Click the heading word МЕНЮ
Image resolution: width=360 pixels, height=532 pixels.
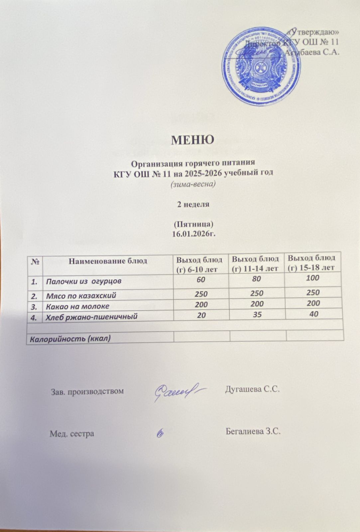(x=192, y=140)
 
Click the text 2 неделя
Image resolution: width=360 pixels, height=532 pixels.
(x=193, y=204)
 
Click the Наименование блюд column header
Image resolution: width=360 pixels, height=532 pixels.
(x=108, y=261)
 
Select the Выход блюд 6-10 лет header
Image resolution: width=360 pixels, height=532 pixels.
(x=199, y=264)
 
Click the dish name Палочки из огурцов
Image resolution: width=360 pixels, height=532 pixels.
(x=83, y=281)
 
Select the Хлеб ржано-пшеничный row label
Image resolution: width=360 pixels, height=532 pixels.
(x=91, y=317)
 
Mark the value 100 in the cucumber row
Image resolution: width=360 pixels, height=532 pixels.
(x=313, y=278)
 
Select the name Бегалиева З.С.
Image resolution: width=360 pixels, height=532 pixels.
(x=253, y=432)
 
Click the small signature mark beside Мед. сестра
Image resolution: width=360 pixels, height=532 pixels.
(x=161, y=433)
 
